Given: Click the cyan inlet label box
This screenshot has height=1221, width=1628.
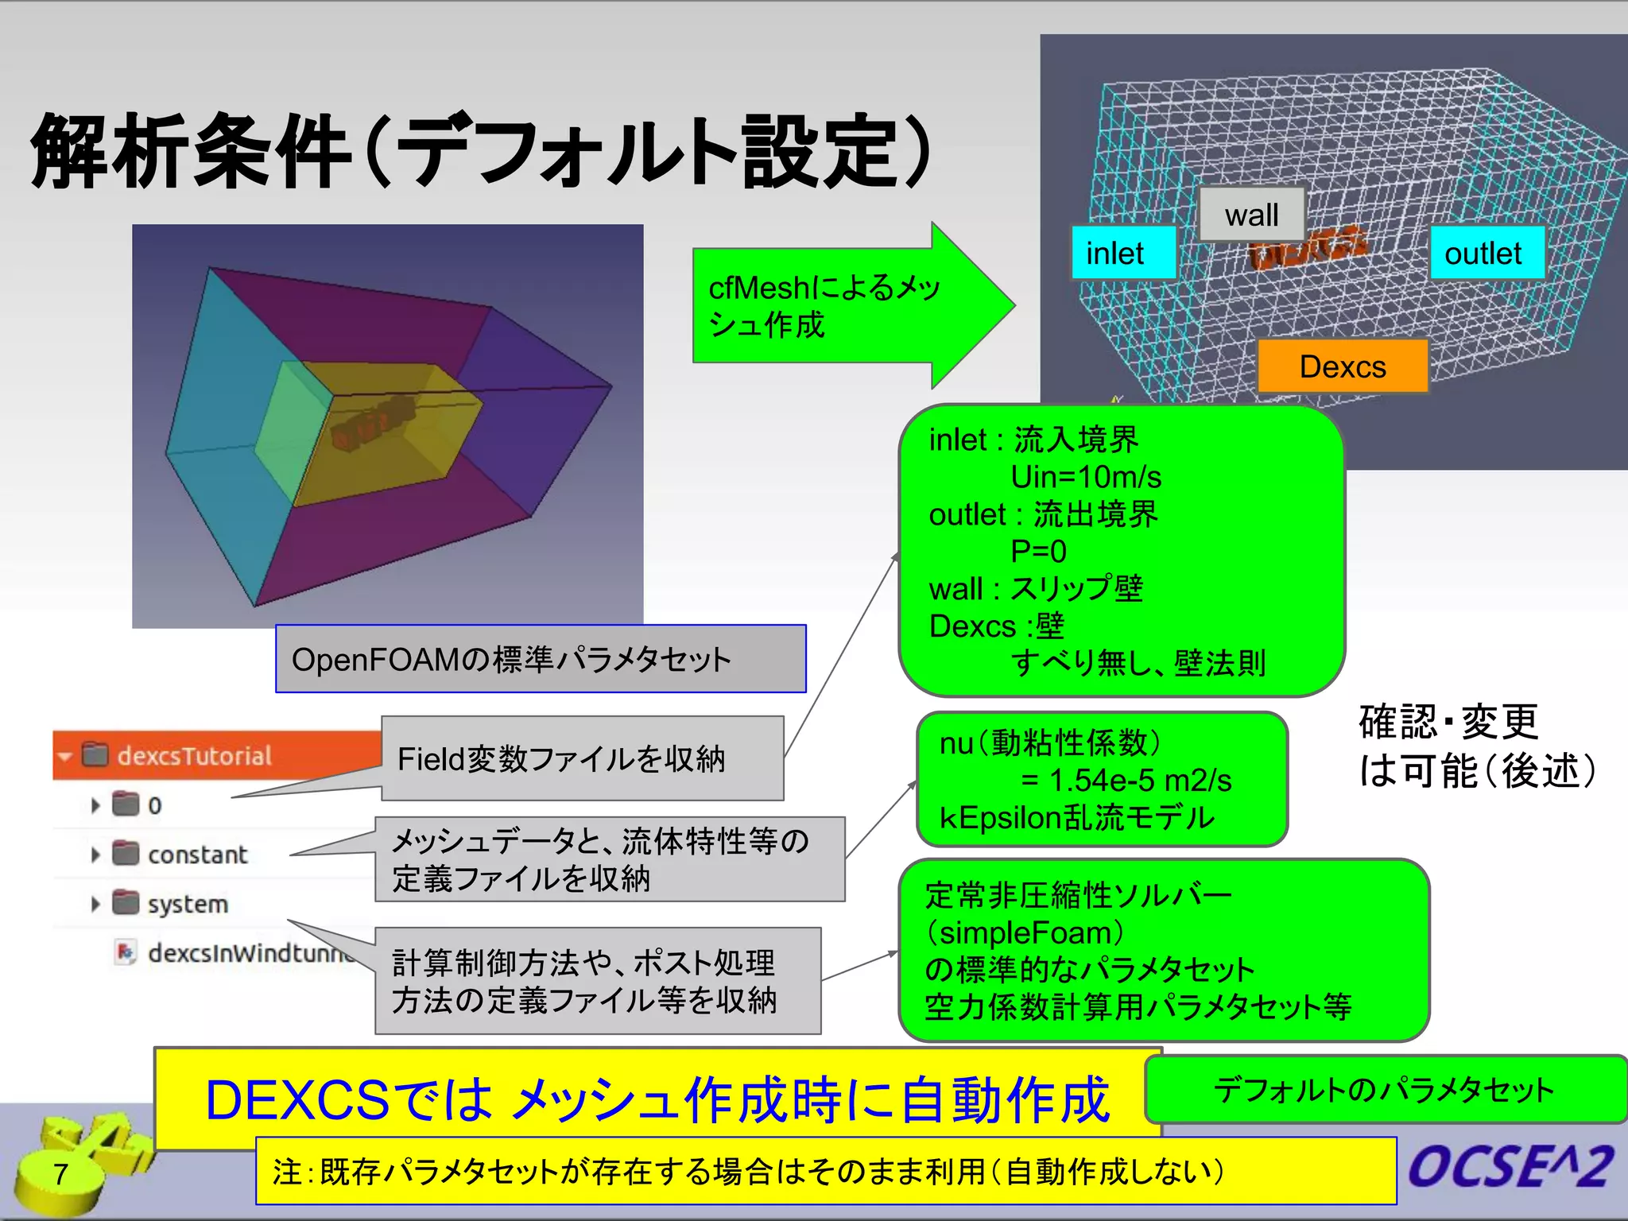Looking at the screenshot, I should [1122, 254].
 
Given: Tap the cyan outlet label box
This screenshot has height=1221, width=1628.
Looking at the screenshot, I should [1486, 254].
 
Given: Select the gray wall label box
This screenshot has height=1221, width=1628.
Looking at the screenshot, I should [1251, 215].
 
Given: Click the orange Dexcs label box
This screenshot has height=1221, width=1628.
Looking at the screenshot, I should [1342, 366].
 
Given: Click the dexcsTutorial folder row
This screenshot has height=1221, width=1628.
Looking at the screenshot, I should [195, 755].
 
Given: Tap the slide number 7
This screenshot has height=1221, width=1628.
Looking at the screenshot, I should [60, 1173].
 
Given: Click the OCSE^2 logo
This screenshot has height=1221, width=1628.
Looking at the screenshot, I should [1510, 1167].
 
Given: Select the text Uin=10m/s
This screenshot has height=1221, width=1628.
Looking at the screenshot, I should [1085, 477].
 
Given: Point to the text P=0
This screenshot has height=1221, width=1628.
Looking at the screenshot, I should [1038, 551].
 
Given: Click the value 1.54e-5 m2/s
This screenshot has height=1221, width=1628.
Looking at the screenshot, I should [1139, 781].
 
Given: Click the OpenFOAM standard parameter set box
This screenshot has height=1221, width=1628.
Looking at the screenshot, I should [541, 659].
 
